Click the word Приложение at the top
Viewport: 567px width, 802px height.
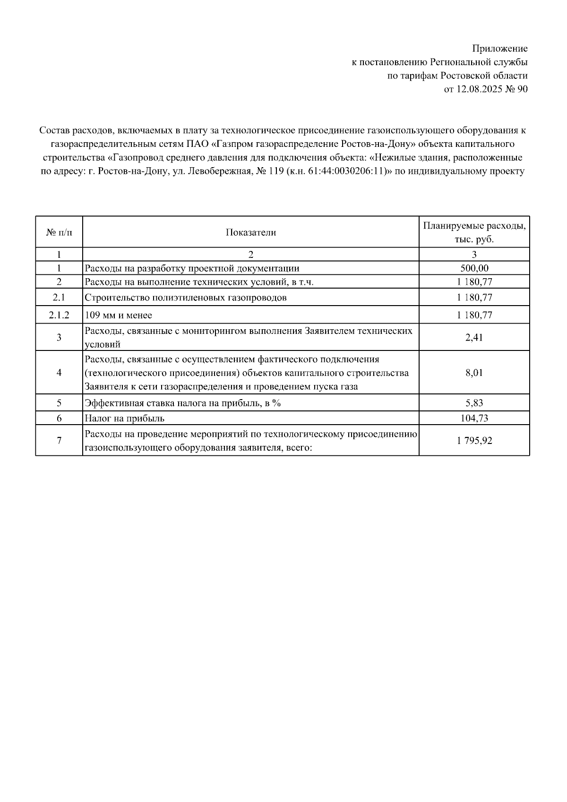(x=499, y=48)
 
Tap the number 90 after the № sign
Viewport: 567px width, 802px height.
(x=522, y=89)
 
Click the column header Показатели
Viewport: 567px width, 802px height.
(x=250, y=232)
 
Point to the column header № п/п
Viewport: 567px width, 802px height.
(x=59, y=232)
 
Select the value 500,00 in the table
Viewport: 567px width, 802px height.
(x=474, y=268)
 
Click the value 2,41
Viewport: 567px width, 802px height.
(x=474, y=337)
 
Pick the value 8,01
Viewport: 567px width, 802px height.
(x=474, y=373)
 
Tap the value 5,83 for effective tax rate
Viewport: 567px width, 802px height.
(x=474, y=403)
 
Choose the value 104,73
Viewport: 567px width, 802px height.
(x=474, y=418)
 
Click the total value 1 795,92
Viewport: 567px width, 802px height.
(x=474, y=441)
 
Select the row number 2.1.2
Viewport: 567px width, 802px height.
(x=59, y=315)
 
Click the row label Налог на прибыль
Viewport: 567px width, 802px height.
(x=124, y=418)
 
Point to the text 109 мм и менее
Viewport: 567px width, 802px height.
(x=118, y=315)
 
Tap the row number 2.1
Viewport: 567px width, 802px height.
(x=59, y=298)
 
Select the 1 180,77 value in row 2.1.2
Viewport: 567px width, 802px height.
(x=474, y=315)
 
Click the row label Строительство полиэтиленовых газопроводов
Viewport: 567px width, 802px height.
(x=185, y=298)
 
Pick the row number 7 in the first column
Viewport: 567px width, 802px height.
(x=59, y=441)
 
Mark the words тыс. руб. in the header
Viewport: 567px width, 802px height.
(x=474, y=239)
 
